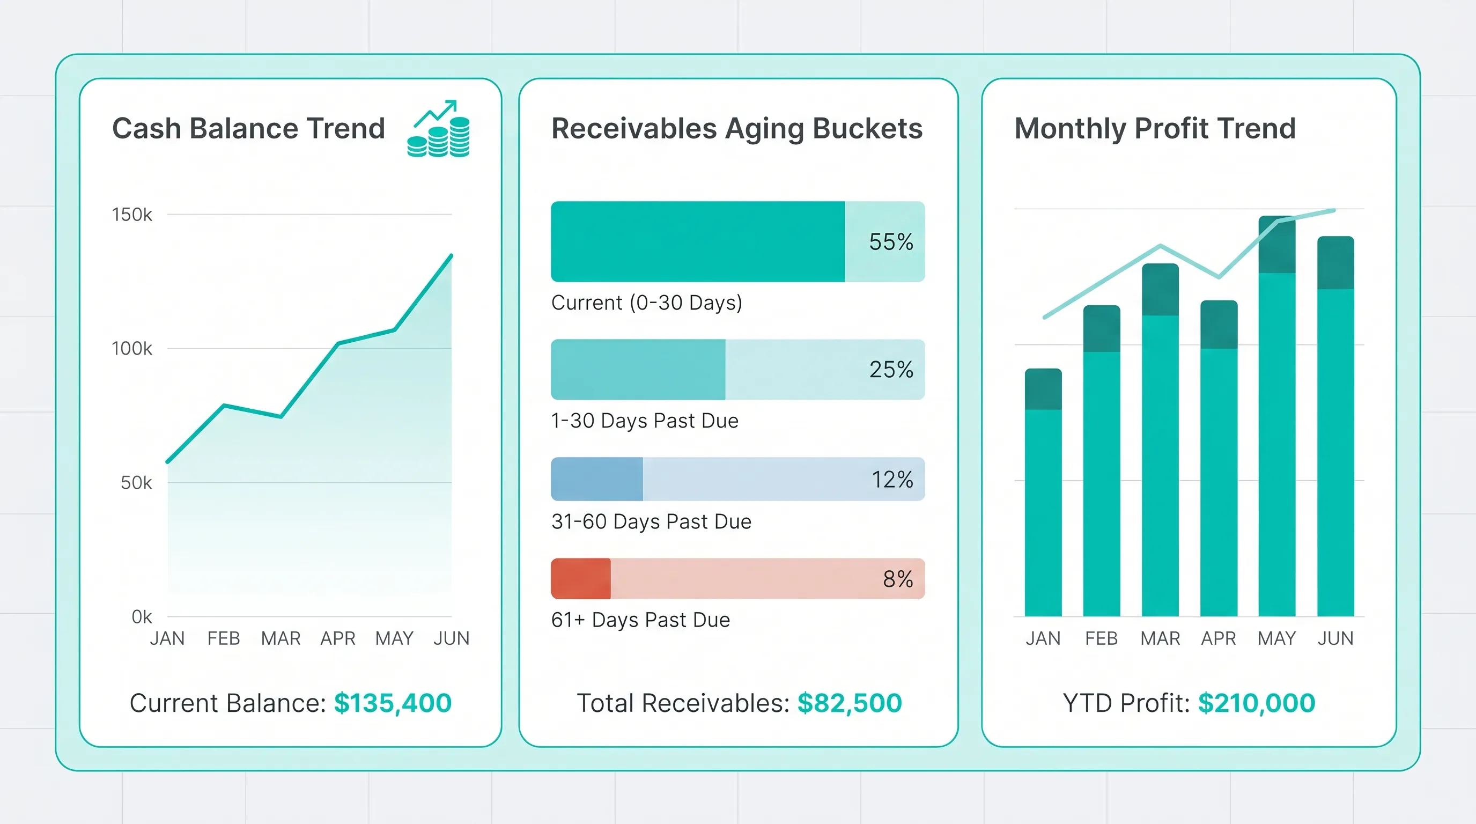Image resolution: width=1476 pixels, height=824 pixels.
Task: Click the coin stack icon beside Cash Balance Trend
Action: pyautogui.click(x=439, y=131)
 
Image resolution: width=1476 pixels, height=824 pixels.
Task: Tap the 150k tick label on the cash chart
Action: pyautogui.click(x=132, y=215)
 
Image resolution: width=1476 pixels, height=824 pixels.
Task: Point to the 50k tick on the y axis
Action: pyautogui.click(x=136, y=483)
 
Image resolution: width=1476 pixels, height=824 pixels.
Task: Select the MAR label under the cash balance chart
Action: pyautogui.click(x=281, y=638)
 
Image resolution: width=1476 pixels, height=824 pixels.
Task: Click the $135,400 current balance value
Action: pyautogui.click(x=393, y=703)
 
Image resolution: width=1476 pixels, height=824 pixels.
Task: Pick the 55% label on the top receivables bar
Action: pyautogui.click(x=890, y=242)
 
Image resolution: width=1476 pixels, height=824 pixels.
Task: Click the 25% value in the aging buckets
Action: pyautogui.click(x=890, y=370)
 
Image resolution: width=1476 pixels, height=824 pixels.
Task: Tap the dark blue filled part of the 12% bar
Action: pyautogui.click(x=596, y=479)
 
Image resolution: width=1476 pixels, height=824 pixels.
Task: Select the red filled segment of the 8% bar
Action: pyautogui.click(x=580, y=579)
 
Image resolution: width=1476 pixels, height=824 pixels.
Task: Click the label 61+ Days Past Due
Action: pyautogui.click(x=640, y=620)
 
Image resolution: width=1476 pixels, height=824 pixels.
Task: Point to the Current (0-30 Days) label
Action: pyautogui.click(x=646, y=303)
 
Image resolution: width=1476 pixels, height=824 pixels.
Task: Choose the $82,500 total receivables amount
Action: pyautogui.click(x=849, y=703)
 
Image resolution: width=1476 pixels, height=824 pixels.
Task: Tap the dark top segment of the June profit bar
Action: pyautogui.click(x=1335, y=263)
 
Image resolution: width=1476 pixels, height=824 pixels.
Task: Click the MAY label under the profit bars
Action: pyautogui.click(x=1276, y=638)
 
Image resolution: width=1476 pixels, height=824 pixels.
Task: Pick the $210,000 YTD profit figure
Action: pyautogui.click(x=1256, y=703)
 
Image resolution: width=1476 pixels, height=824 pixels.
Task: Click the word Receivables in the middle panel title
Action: pyautogui.click(x=634, y=128)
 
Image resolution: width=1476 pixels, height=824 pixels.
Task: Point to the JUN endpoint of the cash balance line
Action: pyautogui.click(x=452, y=256)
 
